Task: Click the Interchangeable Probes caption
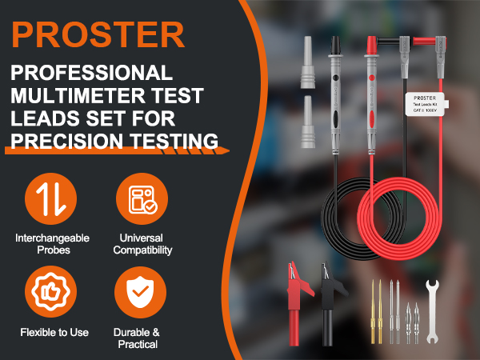[x=52, y=244]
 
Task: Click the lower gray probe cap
[x=310, y=120]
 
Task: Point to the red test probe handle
[x=371, y=96]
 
